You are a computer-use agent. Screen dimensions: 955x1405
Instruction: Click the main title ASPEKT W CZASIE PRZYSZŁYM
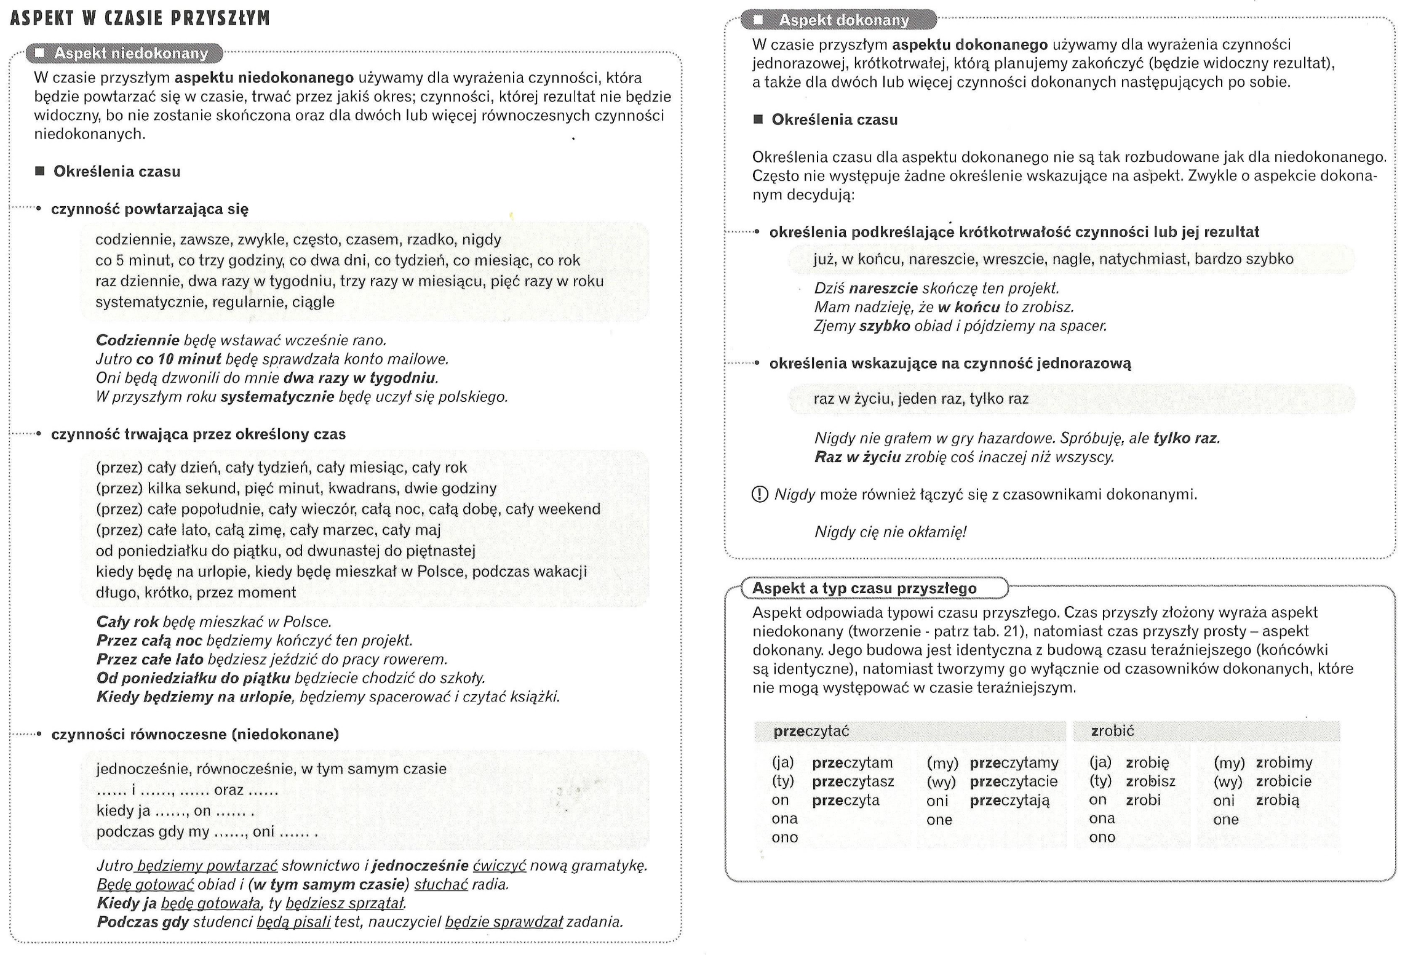tap(140, 18)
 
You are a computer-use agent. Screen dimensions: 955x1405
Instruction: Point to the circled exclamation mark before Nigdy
tap(760, 494)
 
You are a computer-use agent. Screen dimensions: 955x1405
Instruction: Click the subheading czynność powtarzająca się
tap(149, 209)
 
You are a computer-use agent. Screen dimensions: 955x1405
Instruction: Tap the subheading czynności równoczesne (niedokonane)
tap(195, 734)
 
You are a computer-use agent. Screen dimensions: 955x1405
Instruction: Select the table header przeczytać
tap(811, 731)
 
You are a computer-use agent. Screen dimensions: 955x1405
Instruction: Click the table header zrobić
tap(1112, 731)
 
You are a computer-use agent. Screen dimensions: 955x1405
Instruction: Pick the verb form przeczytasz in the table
tap(853, 781)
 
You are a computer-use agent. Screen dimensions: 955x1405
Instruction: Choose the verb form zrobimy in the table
tap(1284, 763)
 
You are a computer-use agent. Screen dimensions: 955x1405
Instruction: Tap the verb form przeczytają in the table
tap(1009, 801)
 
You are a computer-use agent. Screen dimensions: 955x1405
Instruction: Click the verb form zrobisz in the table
tap(1150, 781)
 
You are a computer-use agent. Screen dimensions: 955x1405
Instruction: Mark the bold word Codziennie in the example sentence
tap(137, 340)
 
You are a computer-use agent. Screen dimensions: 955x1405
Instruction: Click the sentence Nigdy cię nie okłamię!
tap(890, 532)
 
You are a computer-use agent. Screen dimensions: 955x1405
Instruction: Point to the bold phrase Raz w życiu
tap(857, 457)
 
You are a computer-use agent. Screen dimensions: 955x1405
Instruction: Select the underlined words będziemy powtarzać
tap(207, 866)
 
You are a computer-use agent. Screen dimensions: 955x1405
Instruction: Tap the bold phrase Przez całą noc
tap(149, 641)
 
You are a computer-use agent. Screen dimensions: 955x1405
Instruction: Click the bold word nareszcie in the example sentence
tap(883, 289)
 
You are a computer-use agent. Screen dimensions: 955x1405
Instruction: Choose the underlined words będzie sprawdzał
tap(504, 922)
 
